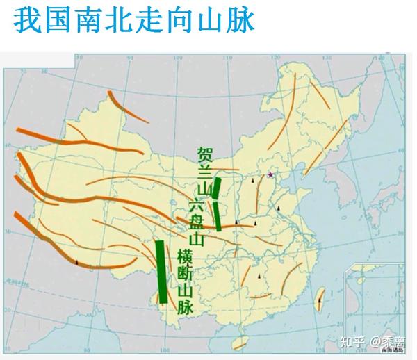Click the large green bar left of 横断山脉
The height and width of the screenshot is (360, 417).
(161, 271)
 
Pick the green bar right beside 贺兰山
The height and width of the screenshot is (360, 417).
(218, 203)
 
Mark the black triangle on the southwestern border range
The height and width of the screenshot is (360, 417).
(76, 263)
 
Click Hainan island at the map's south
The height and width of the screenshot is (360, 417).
(238, 341)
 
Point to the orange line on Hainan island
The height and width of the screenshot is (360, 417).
(238, 341)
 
